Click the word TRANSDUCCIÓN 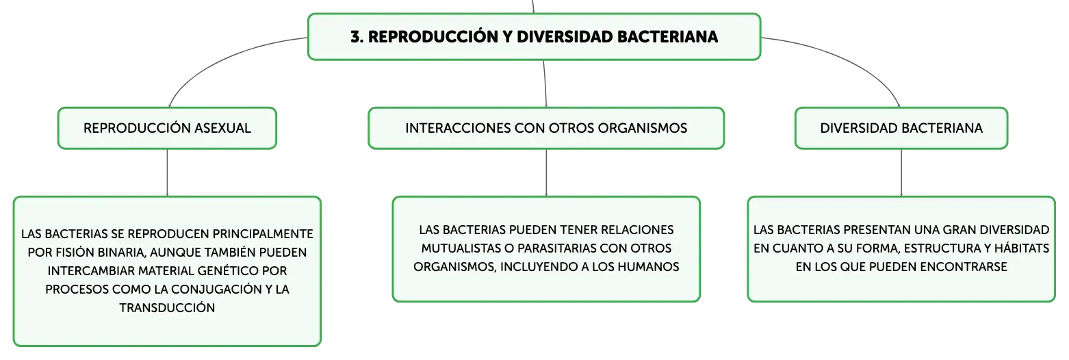click(167, 308)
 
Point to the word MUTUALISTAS click(461, 248)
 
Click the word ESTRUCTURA click(940, 248)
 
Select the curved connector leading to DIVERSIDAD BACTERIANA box click(849, 58)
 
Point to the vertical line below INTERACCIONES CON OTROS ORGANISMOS click(546, 172)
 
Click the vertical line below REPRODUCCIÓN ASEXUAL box click(167, 172)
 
